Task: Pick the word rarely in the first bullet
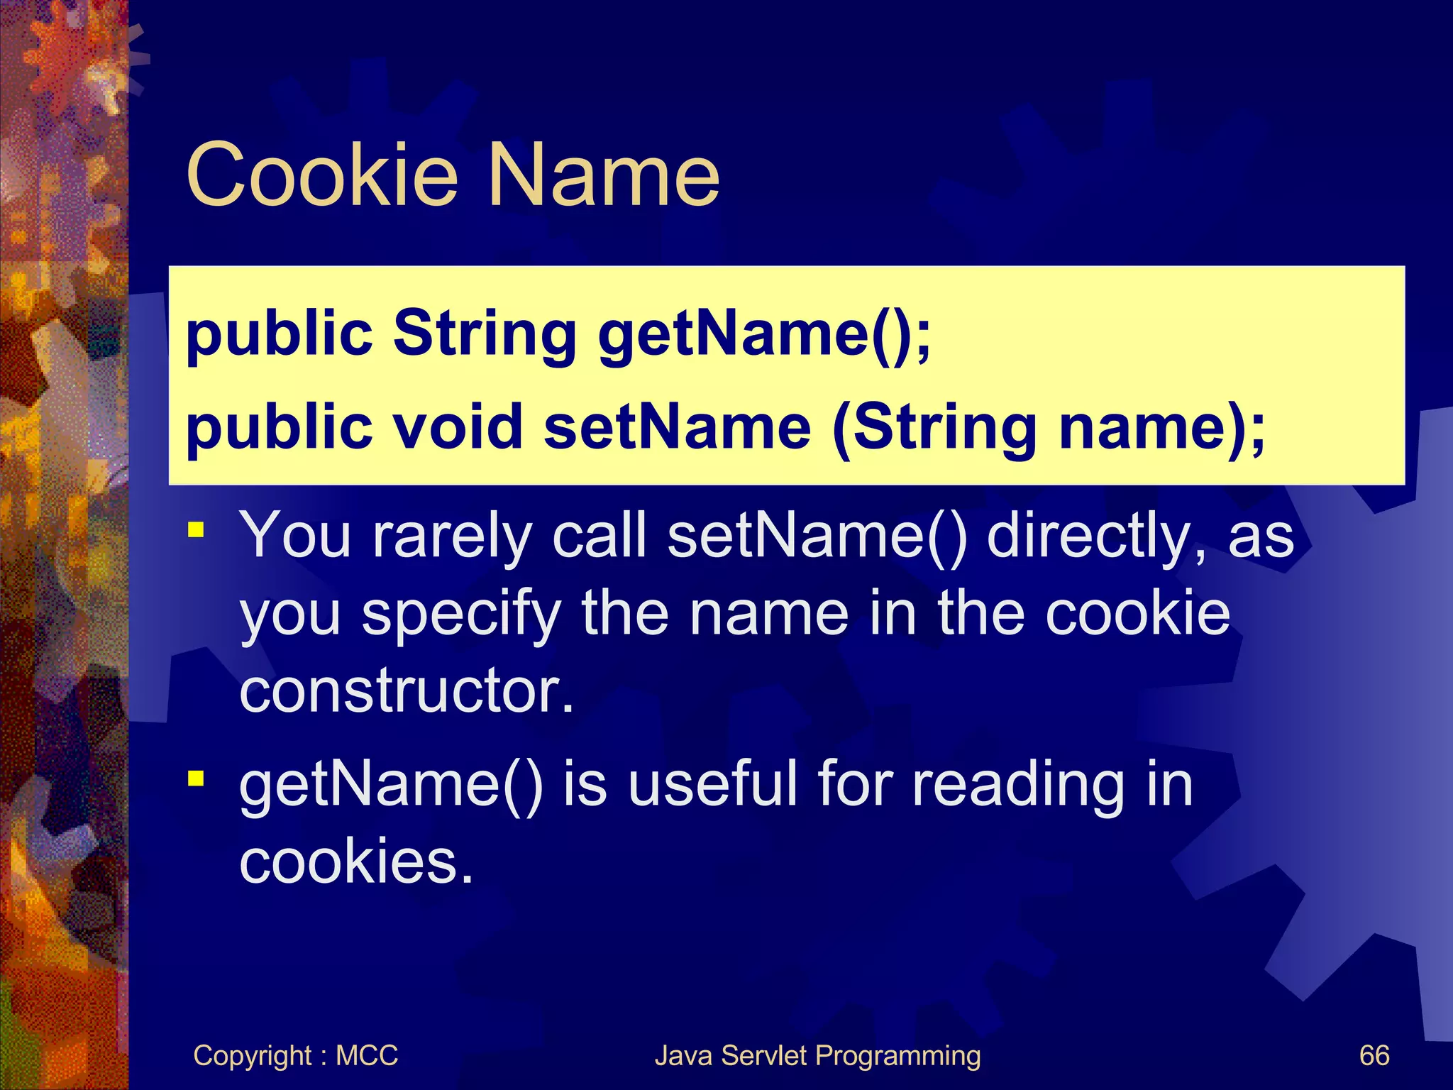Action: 452,536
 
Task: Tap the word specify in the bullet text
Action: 462,615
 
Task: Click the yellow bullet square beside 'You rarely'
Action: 196,529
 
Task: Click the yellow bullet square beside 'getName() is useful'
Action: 196,779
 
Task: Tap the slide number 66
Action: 1374,1056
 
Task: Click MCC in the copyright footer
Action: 367,1056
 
